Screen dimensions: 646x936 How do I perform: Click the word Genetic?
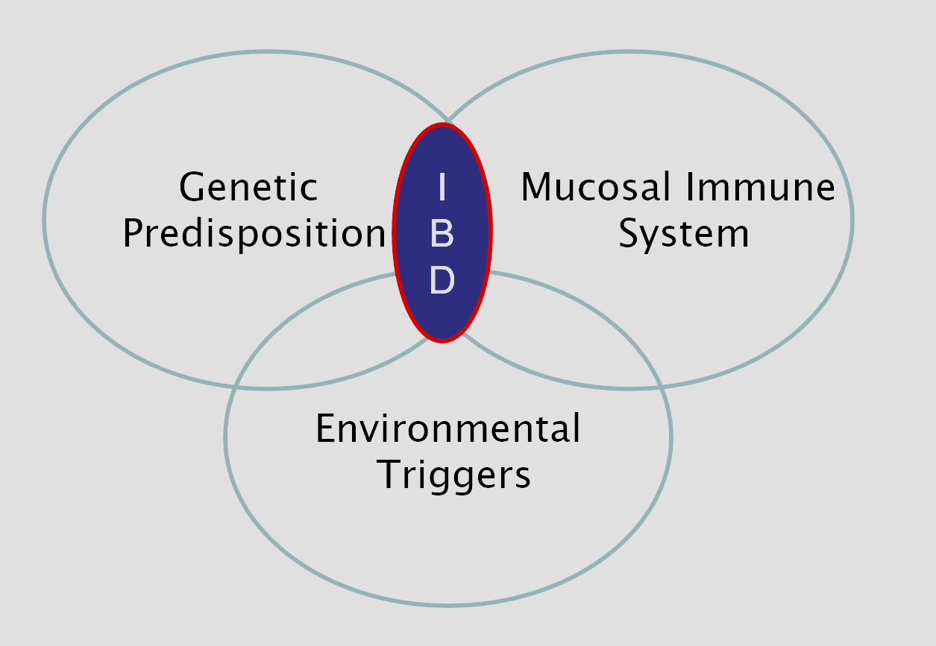[x=248, y=189]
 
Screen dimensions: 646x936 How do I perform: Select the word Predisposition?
[x=254, y=235]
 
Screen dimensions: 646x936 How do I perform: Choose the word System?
[x=684, y=235]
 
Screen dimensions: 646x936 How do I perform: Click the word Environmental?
[x=447, y=429]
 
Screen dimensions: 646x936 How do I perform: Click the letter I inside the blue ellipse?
[x=442, y=188]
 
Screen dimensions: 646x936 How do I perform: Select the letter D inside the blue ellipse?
[x=442, y=282]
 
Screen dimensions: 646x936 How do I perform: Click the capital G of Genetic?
[x=192, y=189]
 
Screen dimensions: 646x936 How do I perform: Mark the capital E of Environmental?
[x=325, y=429]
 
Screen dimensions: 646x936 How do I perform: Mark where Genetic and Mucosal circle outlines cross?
[x=445, y=123]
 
